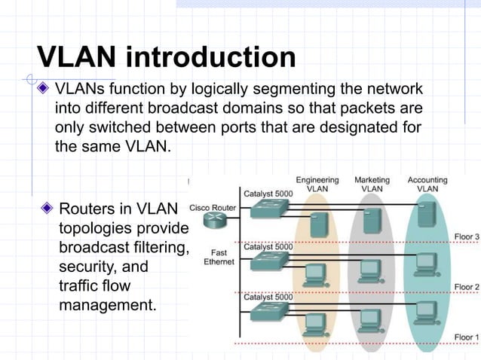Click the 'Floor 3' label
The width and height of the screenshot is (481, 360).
[466, 237]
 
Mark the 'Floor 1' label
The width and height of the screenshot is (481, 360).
[466, 336]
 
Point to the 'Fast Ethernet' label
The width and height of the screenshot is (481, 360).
[219, 258]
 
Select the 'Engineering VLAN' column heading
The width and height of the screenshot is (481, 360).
[317, 185]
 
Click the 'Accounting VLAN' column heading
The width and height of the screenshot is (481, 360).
[427, 185]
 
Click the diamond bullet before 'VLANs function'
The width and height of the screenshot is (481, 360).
[45, 90]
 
